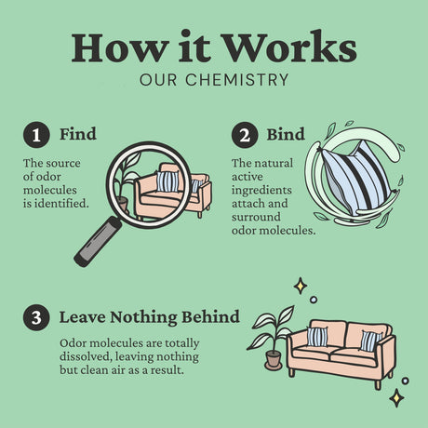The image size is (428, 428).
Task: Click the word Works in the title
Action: coord(289,47)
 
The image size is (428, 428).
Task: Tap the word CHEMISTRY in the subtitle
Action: coord(237,80)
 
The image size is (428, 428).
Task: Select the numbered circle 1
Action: coord(36,135)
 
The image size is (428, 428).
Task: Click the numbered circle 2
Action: coord(245,135)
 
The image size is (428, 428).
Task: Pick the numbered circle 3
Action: coord(36,317)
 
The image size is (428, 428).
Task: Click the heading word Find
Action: coord(78,134)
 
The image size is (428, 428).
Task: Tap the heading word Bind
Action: coord(286,134)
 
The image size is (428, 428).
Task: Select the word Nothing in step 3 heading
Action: coord(143,317)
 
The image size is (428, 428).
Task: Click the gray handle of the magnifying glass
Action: coord(98,242)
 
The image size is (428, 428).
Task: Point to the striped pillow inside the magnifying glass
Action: coord(167,181)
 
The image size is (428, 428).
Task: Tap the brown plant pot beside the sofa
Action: coord(273,359)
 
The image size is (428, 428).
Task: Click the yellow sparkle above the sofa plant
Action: coord(301,286)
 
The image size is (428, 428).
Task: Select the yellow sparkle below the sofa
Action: coord(396,398)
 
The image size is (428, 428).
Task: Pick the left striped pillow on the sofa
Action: coord(317,337)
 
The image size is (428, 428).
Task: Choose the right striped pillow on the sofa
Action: coord(370,341)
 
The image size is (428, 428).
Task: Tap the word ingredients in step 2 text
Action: coord(261,191)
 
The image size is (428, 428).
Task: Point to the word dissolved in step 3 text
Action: coord(86,356)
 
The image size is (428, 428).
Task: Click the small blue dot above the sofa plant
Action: coord(314,300)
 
